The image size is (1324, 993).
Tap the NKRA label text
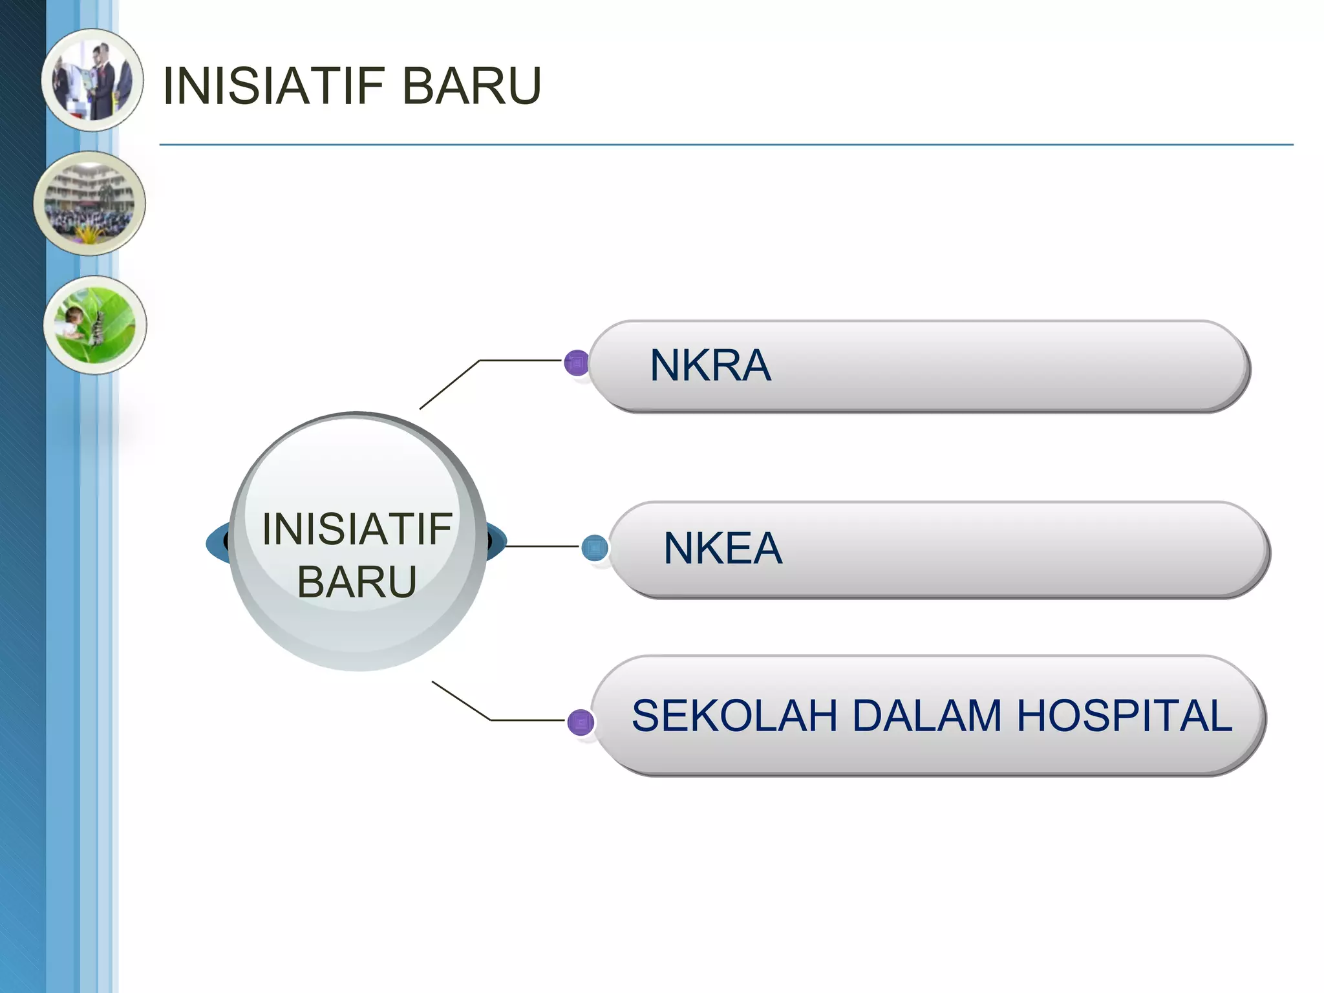coord(710,366)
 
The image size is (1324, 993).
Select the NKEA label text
coord(723,549)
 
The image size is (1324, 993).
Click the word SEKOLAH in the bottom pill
coord(736,716)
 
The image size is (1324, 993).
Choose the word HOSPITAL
coord(1124,716)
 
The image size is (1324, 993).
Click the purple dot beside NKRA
coord(576,363)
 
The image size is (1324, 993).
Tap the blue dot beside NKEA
coord(594,548)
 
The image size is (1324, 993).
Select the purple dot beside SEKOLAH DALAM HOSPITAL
coord(580,721)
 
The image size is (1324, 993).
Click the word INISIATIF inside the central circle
coord(357,529)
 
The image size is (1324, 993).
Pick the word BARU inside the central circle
coord(357,582)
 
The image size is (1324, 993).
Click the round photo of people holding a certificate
coord(92,80)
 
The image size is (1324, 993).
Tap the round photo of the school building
coord(90,204)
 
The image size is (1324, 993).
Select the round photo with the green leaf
coord(95,325)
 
